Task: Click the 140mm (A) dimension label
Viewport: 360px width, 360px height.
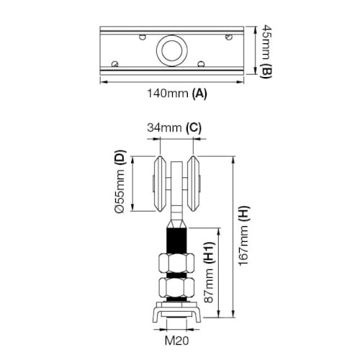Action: pyautogui.click(x=177, y=94)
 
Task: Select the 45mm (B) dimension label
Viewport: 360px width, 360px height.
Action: pyautogui.click(x=266, y=51)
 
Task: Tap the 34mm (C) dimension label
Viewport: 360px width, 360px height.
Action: pyautogui.click(x=174, y=127)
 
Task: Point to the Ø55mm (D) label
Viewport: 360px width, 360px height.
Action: pyautogui.click(x=120, y=181)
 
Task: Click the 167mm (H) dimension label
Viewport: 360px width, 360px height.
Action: pyautogui.click(x=244, y=235)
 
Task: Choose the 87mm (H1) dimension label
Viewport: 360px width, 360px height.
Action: pyautogui.click(x=208, y=272)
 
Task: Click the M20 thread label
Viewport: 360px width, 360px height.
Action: pyautogui.click(x=177, y=341)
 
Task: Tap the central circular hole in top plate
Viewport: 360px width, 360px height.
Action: pyautogui.click(x=172, y=50)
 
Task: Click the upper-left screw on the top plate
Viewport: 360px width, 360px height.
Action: pyautogui.click(x=143, y=37)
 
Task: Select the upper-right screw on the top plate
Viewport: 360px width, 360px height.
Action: pyautogui.click(x=229, y=37)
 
